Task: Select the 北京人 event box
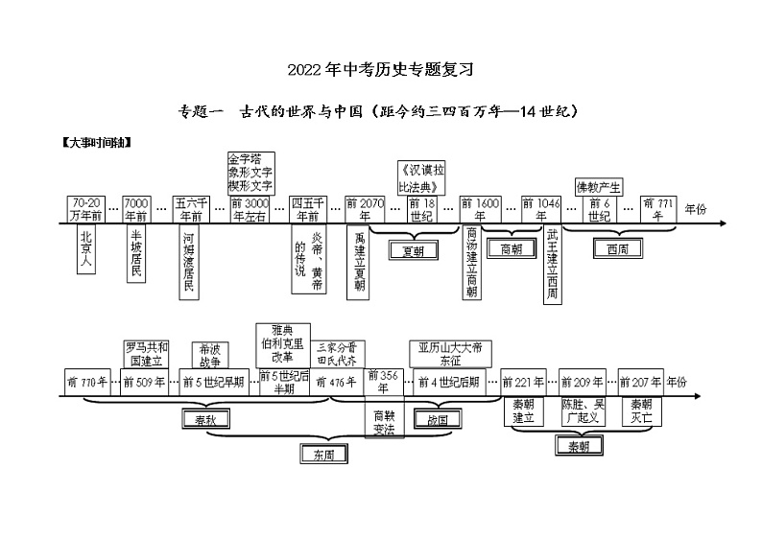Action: click(87, 251)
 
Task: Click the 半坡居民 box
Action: click(137, 256)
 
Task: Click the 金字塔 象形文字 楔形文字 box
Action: click(251, 171)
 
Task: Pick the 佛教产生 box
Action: click(599, 185)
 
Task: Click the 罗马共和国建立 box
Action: click(147, 353)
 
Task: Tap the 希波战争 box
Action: click(209, 355)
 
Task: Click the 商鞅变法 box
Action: click(383, 422)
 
